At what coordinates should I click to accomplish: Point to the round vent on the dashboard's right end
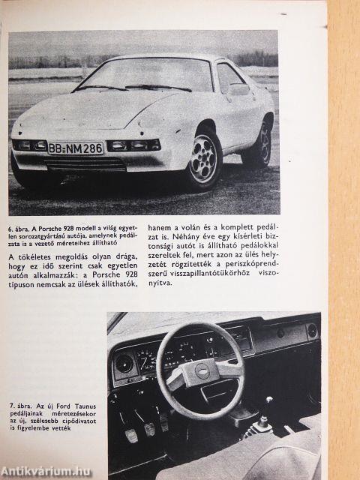pos(311,331)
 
